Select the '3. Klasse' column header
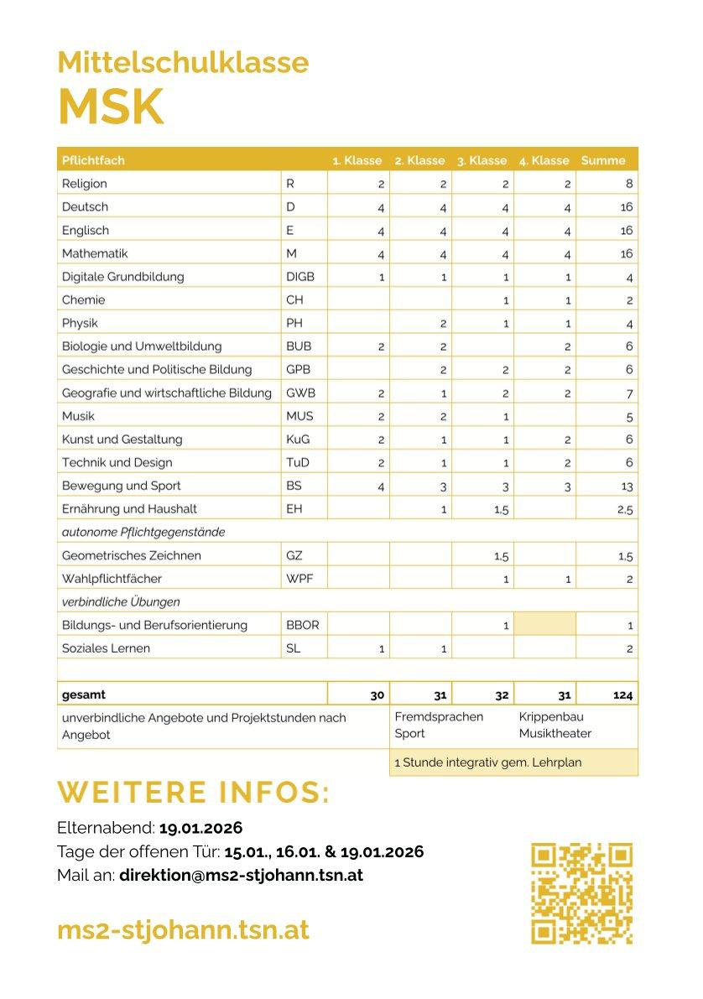coord(482,160)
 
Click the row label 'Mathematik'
coord(95,253)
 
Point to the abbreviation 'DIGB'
coord(300,277)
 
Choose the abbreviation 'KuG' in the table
coord(297,440)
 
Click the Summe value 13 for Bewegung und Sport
coord(626,486)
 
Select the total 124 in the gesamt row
coord(623,695)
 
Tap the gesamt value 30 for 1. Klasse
coord(377,695)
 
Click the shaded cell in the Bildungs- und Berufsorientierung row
coord(544,625)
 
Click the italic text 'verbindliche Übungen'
coord(121,602)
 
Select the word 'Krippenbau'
coord(551,717)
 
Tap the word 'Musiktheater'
coord(555,734)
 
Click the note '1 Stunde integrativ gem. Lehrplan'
coord(487,762)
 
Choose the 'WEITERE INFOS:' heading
coord(193,793)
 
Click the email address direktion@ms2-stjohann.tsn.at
coord(241,875)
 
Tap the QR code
coord(581,893)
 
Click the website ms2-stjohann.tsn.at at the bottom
coord(183,929)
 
